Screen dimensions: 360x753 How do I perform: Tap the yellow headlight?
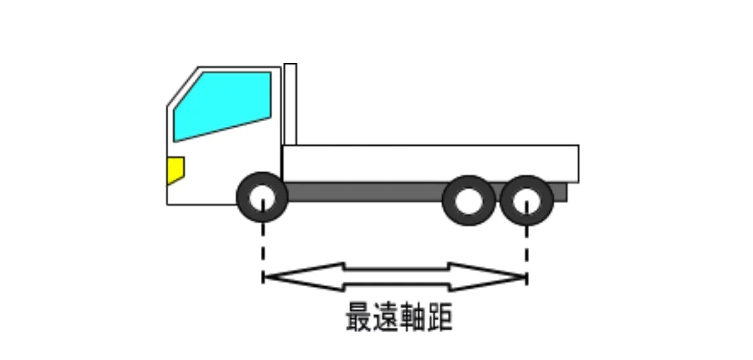click(175, 170)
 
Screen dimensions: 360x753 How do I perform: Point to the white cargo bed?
click(430, 163)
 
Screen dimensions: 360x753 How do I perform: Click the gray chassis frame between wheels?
click(363, 192)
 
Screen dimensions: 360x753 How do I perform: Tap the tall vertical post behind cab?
click(290, 104)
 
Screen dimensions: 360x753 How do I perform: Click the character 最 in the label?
click(357, 317)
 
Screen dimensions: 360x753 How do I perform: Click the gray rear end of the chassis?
click(561, 192)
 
